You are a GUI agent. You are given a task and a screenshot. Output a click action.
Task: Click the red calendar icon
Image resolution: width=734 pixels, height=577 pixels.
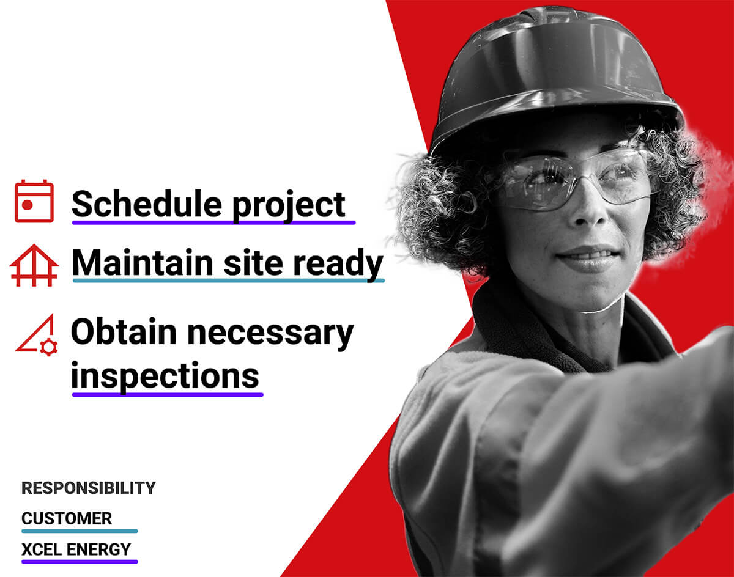click(34, 201)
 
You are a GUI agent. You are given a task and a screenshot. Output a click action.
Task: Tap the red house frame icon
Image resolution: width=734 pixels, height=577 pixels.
click(34, 265)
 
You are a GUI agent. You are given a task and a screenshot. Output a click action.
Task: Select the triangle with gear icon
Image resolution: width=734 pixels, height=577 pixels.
click(37, 335)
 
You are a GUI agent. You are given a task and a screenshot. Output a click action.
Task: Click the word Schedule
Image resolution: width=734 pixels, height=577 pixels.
click(147, 205)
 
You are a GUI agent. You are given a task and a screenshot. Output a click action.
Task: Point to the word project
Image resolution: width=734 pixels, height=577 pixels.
click(289, 207)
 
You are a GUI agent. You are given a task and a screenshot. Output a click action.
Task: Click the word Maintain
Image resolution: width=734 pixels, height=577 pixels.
click(143, 263)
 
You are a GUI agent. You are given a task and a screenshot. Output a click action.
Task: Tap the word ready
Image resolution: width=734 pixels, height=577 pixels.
click(338, 266)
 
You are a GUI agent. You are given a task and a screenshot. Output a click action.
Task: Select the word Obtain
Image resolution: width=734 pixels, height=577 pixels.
click(124, 332)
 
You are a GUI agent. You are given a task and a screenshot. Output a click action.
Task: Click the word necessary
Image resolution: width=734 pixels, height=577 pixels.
click(270, 335)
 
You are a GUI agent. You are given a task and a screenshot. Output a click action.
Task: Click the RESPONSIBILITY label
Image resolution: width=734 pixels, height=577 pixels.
click(88, 488)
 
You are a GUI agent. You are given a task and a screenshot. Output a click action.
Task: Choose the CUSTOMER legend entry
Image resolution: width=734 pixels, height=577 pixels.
click(67, 518)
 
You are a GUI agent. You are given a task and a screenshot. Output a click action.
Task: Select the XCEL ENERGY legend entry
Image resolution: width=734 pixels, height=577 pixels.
click(76, 549)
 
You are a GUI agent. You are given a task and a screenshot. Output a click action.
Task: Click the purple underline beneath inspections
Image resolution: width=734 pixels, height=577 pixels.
click(168, 395)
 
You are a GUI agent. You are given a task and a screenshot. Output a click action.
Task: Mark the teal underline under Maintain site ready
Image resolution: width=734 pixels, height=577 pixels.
click(229, 281)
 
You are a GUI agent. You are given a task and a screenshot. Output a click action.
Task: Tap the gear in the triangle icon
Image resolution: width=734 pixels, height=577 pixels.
click(49, 347)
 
